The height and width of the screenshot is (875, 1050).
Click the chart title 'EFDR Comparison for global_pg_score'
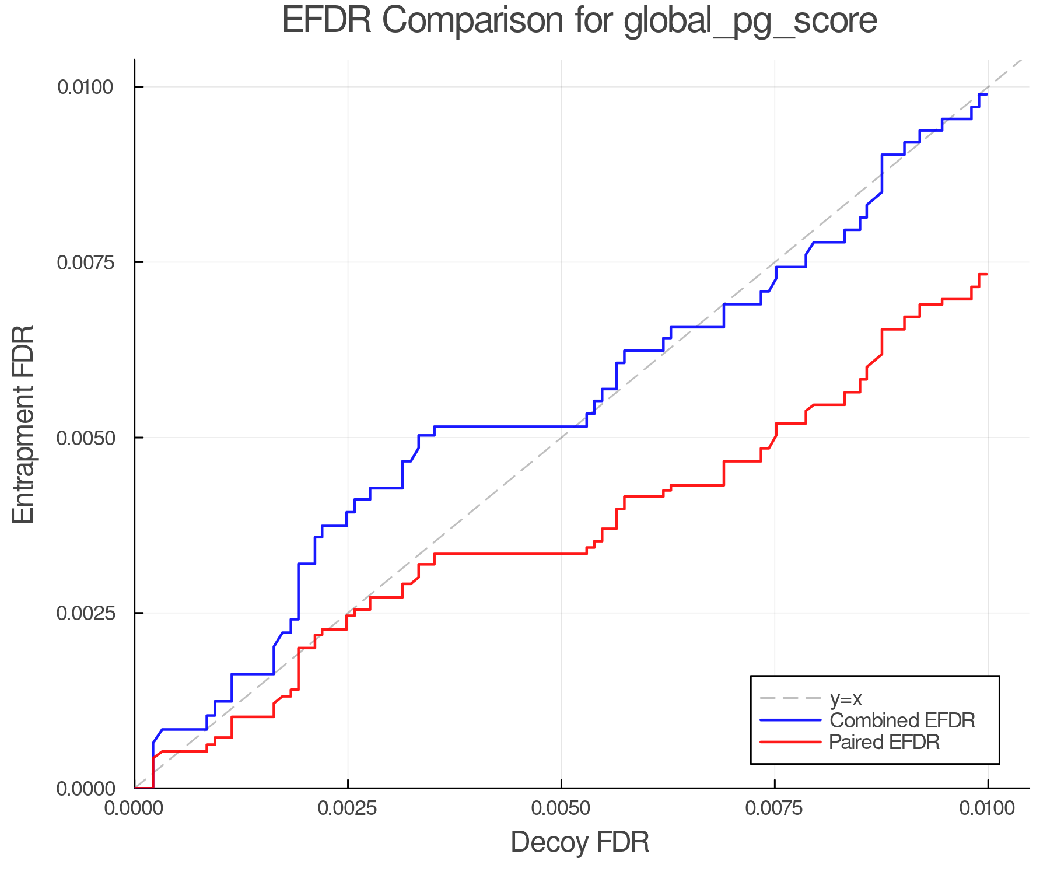[579, 22]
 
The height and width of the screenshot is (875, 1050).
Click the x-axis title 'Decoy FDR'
[580, 842]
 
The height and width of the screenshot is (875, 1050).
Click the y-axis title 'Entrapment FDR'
[24, 424]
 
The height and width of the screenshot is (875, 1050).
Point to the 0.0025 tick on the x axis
[348, 808]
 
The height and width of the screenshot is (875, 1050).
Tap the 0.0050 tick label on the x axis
[561, 808]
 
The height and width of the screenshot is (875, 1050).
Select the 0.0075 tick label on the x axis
[775, 808]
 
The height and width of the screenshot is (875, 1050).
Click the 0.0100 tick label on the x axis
[988, 808]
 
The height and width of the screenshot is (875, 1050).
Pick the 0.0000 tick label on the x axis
[134, 808]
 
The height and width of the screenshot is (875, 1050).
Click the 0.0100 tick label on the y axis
[85, 87]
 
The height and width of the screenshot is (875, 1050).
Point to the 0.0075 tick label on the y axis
[85, 262]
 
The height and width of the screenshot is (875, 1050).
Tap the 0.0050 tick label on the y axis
[85, 437]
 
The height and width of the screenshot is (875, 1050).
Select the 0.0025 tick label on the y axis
[85, 613]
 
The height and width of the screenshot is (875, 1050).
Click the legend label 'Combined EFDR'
[902, 720]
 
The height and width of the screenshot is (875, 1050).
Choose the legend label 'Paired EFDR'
[884, 742]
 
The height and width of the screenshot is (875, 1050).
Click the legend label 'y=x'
[846, 698]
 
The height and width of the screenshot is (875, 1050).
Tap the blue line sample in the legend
[790, 720]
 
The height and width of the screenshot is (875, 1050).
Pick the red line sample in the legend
[790, 742]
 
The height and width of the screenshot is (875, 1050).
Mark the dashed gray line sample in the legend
[790, 698]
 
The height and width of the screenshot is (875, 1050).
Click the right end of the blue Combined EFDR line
[987, 94]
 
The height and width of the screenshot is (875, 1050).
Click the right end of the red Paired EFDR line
[987, 274]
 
